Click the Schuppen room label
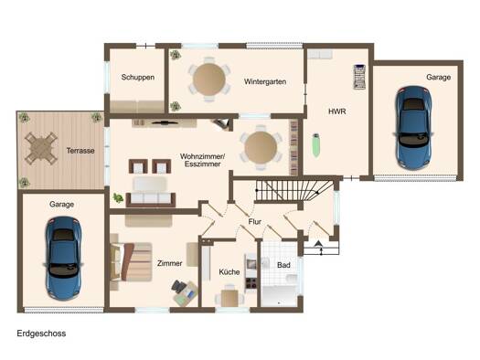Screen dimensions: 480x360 coord(137,77)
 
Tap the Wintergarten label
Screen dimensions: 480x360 coord(265,81)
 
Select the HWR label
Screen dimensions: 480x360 coord(336,111)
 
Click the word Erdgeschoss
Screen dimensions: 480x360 coord(41,334)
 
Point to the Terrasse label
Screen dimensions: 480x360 coord(80,151)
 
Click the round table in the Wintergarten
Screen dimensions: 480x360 coord(209,79)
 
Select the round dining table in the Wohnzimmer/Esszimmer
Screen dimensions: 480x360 coord(261,147)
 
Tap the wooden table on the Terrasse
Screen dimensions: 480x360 coord(41,148)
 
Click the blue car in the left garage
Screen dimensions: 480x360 coord(63,259)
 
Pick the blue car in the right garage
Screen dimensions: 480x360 coord(413,128)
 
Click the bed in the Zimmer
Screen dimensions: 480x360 coord(131,262)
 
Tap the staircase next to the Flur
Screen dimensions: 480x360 coord(294,190)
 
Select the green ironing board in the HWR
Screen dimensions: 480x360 coord(316,145)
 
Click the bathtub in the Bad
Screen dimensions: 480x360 coord(279,296)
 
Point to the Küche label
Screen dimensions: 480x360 coord(229,271)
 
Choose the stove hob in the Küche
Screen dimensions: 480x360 coord(251,284)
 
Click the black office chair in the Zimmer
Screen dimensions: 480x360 coord(179,287)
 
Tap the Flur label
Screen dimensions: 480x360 coord(255,221)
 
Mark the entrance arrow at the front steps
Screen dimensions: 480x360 coord(318,243)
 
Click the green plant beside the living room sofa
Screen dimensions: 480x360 coord(118,198)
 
